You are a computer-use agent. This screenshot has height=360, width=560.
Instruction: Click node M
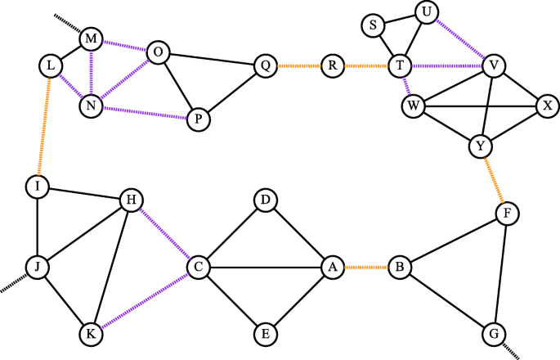(92, 38)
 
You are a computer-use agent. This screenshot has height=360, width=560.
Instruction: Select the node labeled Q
(265, 65)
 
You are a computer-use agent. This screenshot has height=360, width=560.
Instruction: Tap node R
(332, 65)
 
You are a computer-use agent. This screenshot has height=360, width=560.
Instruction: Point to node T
(400, 65)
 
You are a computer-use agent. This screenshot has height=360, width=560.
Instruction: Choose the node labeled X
(547, 105)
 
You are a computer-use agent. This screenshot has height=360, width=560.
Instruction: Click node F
(507, 214)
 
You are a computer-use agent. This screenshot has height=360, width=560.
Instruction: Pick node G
(493, 334)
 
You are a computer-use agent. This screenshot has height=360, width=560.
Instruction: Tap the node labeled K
(92, 333)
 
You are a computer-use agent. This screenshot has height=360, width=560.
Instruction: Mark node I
(37, 187)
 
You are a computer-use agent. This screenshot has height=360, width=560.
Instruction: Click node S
(373, 25)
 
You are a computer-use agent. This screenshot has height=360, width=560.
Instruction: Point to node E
(264, 333)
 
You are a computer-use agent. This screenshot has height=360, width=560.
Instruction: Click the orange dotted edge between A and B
(365, 266)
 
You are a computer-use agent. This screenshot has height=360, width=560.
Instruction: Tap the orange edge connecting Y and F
(494, 180)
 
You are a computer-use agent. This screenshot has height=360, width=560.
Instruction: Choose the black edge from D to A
(298, 232)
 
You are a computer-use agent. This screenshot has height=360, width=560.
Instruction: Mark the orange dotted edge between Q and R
(298, 65)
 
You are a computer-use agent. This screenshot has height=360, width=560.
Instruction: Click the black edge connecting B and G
(446, 299)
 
